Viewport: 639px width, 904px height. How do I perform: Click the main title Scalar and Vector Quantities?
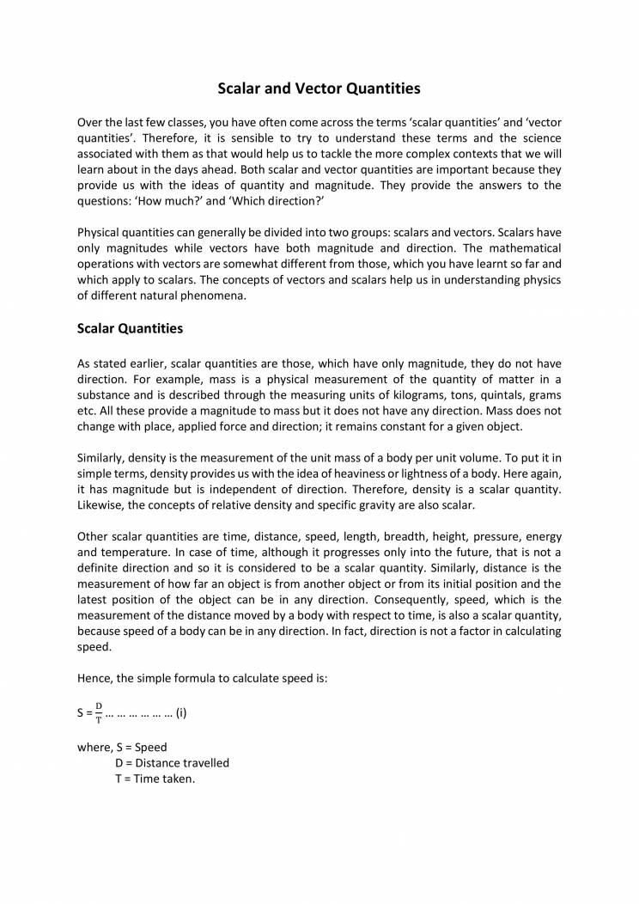[319, 88]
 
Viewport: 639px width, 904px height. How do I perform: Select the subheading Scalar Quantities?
[130, 328]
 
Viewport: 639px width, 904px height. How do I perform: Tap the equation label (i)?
[181, 713]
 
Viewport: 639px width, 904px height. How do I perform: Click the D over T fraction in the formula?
[99, 713]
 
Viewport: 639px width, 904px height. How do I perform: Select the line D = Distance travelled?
[172, 763]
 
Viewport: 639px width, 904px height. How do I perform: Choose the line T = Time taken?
[155, 779]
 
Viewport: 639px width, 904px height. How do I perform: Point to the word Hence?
[94, 678]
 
